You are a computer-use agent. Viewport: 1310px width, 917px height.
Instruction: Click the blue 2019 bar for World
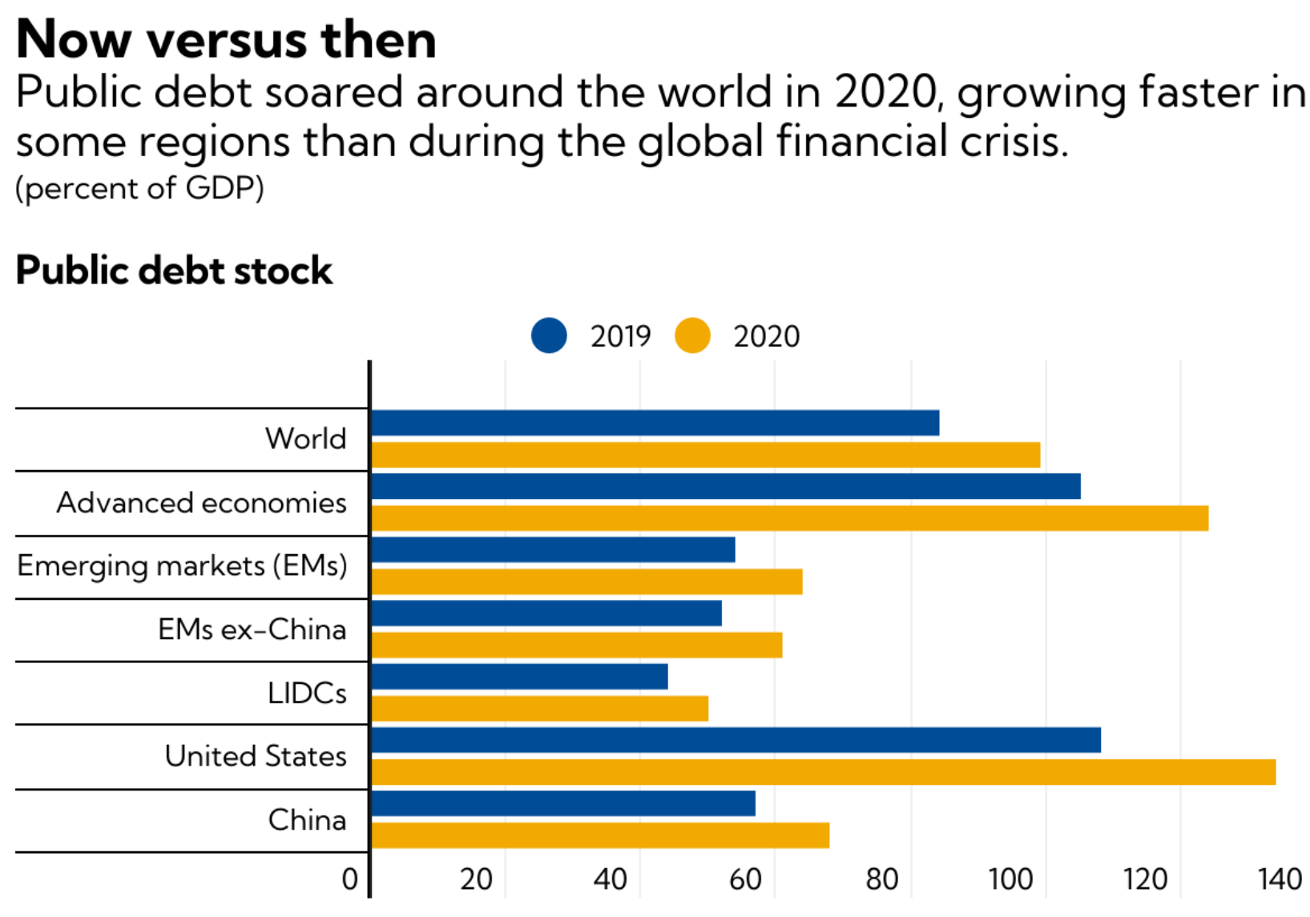pos(655,423)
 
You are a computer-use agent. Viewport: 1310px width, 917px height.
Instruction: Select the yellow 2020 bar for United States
pos(823,772)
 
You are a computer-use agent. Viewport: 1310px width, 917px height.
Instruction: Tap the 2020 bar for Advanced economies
pos(789,518)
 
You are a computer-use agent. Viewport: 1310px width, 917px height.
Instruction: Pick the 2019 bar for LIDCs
pos(519,677)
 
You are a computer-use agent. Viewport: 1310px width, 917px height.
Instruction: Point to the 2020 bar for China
pos(600,835)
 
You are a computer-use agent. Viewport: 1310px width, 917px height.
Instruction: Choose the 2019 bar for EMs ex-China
pos(546,613)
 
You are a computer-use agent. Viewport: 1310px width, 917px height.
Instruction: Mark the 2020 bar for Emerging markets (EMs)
pos(586,581)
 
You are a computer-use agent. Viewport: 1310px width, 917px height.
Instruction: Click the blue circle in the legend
pos(549,336)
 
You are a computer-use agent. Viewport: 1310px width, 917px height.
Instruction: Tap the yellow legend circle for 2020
pos(692,336)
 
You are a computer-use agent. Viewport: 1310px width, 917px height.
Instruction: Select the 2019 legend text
pos(621,336)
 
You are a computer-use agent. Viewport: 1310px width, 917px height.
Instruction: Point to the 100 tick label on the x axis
pos(1010,879)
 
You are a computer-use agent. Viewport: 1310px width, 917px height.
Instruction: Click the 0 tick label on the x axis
pos(350,879)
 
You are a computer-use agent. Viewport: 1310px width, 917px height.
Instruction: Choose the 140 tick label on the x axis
pos(1280,879)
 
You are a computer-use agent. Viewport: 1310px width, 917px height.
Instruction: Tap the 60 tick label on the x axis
pos(745,879)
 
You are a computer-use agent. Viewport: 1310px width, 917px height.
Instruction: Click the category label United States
pos(256,756)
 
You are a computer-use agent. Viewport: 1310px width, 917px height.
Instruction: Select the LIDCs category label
pos(307,693)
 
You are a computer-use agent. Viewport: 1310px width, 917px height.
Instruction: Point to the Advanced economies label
pos(201,503)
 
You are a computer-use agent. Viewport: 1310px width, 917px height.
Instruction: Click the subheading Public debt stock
pos(174,271)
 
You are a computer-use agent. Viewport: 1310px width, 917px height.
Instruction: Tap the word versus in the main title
pos(226,39)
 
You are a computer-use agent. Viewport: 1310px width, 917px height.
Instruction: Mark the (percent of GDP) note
pos(139,188)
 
